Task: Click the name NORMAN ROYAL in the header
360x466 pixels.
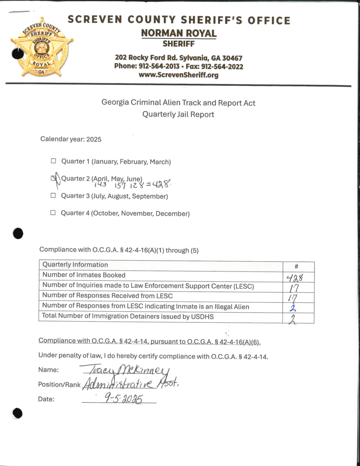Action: [x=179, y=33]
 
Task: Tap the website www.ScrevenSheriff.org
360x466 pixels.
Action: [x=179, y=75]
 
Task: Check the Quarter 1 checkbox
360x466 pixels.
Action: [x=53, y=162]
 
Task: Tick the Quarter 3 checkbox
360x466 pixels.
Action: [x=53, y=195]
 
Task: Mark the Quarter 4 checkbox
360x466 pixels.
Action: [x=53, y=213]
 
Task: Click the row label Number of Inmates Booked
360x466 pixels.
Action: [x=84, y=275]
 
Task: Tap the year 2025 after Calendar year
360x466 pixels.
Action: [x=93, y=139]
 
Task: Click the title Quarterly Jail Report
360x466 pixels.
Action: [x=178, y=114]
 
